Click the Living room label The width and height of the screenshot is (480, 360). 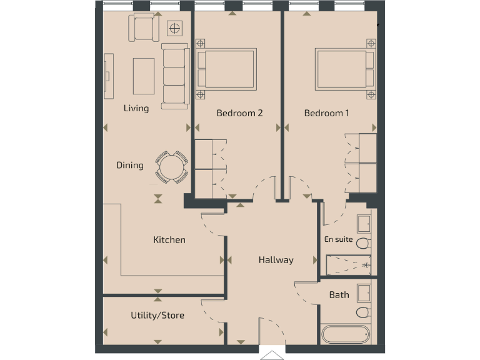(x=136, y=108)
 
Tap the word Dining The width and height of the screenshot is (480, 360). (x=130, y=166)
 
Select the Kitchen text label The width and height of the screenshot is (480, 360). (x=169, y=240)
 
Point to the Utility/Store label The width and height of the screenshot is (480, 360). (x=157, y=316)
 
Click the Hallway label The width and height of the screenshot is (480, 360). (x=276, y=260)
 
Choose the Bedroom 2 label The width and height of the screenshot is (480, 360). (x=239, y=113)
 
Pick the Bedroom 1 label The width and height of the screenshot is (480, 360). (x=326, y=113)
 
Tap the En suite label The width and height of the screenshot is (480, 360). (x=338, y=239)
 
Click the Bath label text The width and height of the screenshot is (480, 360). (x=339, y=294)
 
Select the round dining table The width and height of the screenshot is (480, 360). (x=171, y=167)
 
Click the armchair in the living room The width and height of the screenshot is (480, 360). (x=144, y=28)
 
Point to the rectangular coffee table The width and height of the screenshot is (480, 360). (x=144, y=76)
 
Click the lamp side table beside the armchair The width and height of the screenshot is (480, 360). (x=175, y=28)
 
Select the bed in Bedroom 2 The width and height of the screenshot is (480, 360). (x=226, y=69)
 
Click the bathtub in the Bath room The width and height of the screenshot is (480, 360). (x=346, y=334)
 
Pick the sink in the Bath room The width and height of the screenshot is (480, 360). (x=363, y=293)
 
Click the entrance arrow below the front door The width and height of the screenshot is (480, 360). (x=272, y=355)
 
